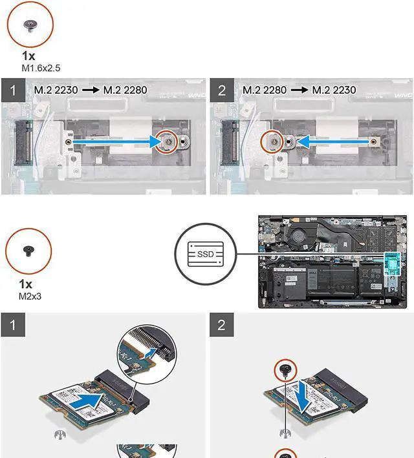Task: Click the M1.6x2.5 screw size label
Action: point(41,67)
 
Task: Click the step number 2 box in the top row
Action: point(223,90)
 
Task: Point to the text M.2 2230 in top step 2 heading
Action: point(334,90)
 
